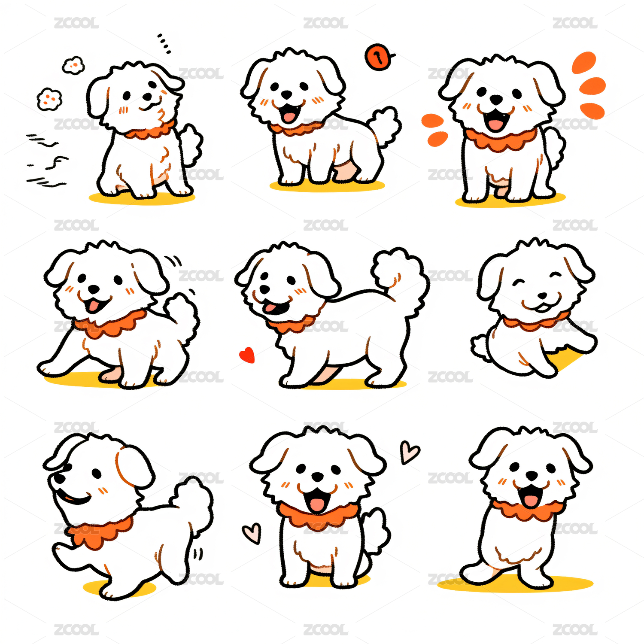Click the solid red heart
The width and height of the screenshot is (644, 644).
click(x=247, y=355)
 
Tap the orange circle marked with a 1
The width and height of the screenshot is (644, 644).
click(x=379, y=57)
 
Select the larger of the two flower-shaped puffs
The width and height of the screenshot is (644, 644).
click(x=49, y=99)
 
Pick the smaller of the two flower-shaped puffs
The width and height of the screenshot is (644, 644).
click(x=73, y=65)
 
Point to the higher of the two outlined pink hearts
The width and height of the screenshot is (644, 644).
click(x=409, y=452)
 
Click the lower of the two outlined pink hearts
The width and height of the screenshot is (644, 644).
click(x=252, y=533)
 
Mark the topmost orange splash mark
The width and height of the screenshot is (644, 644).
click(x=584, y=62)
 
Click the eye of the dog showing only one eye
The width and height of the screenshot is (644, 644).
click(x=96, y=474)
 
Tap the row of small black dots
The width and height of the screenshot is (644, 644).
click(x=164, y=43)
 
